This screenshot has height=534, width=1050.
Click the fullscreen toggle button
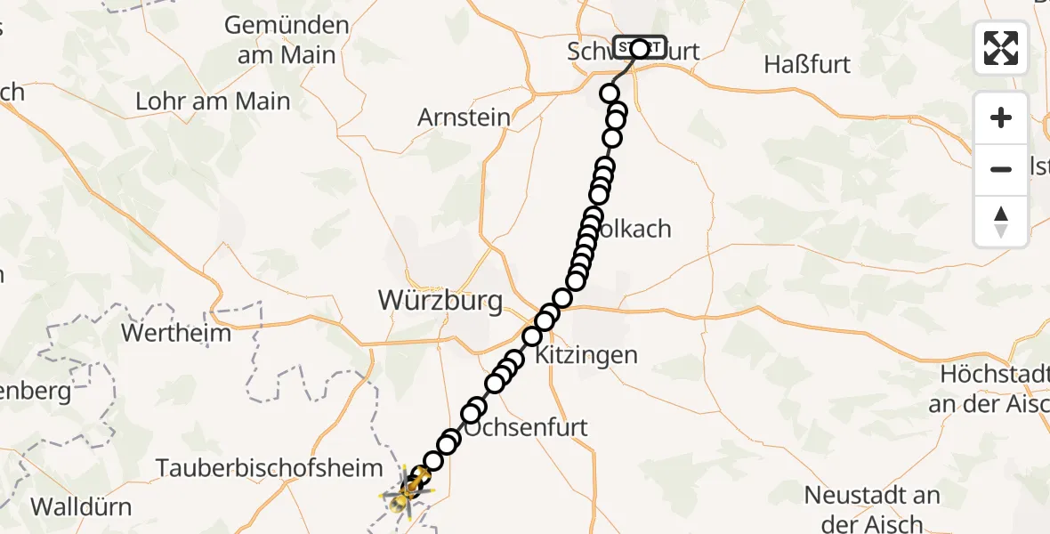click(x=1001, y=48)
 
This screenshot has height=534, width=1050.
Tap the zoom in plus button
click(x=1001, y=117)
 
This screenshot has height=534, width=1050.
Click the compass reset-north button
click(x=1001, y=222)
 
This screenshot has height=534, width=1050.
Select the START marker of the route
click(x=639, y=47)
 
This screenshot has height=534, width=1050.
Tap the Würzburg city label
click(x=440, y=300)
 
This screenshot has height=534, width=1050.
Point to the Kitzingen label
click(x=586, y=356)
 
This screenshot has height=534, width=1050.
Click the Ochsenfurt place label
click(x=526, y=427)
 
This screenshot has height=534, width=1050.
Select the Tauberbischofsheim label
click(x=270, y=467)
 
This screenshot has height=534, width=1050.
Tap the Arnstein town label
click(x=464, y=117)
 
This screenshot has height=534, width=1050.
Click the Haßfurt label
click(x=807, y=64)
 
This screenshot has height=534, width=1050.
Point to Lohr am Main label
click(x=213, y=101)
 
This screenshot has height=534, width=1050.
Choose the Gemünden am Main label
click(x=286, y=40)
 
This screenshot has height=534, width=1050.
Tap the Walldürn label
click(x=81, y=507)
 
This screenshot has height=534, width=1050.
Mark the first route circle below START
click(x=610, y=93)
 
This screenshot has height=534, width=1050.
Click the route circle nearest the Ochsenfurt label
click(x=476, y=409)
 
